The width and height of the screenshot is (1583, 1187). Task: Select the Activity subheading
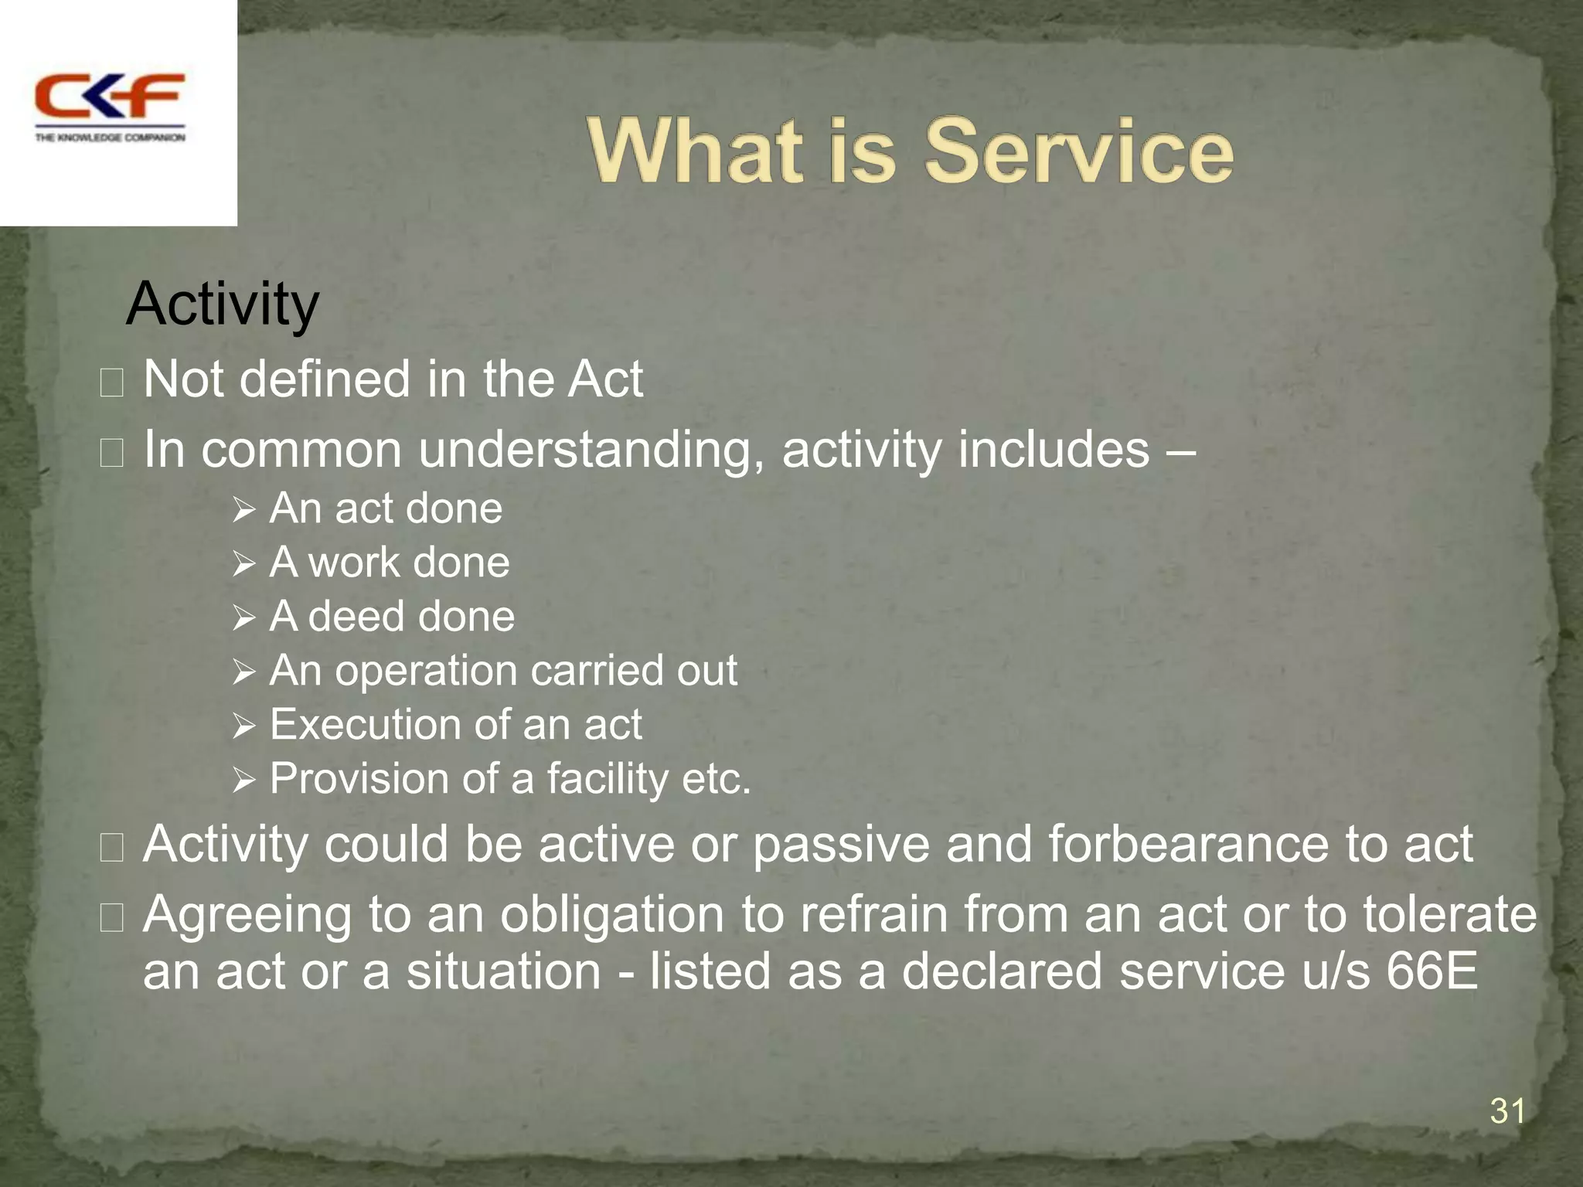(223, 304)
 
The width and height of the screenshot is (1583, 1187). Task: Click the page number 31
(1506, 1111)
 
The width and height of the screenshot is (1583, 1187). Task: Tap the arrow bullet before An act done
(243, 511)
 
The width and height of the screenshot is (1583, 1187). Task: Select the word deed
(355, 617)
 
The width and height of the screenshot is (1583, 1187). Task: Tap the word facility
(608, 779)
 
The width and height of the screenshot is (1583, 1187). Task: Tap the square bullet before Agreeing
(112, 917)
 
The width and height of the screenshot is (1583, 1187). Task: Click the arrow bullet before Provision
(243, 781)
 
